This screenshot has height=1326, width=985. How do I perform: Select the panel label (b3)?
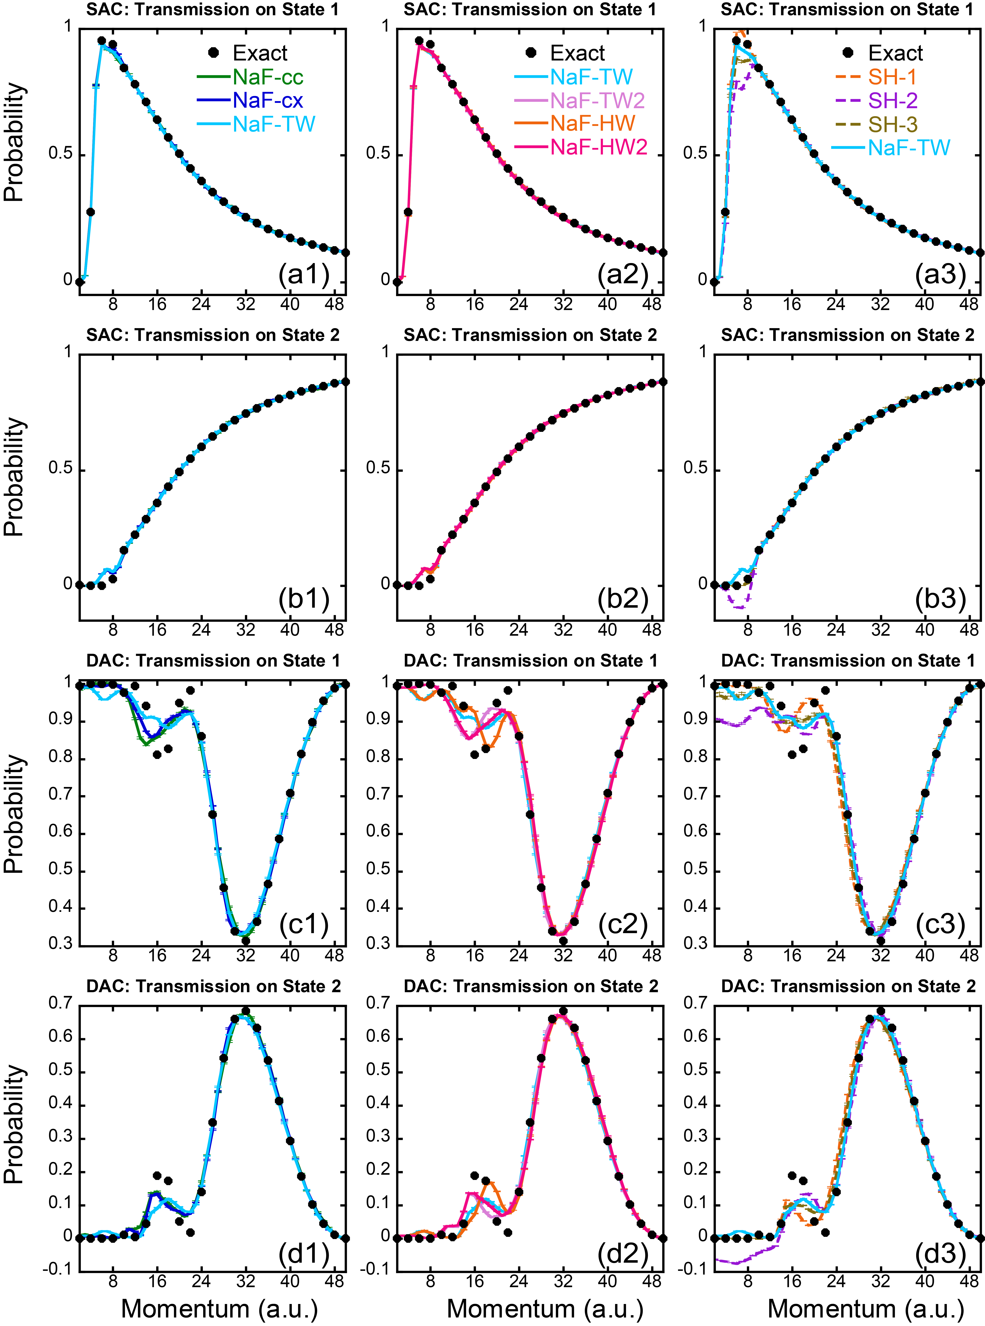coord(940,598)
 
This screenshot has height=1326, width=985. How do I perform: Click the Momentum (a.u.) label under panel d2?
coord(545,1309)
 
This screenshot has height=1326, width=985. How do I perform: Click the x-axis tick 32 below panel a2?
coord(563,305)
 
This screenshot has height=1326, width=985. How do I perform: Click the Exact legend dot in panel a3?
coord(848,53)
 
